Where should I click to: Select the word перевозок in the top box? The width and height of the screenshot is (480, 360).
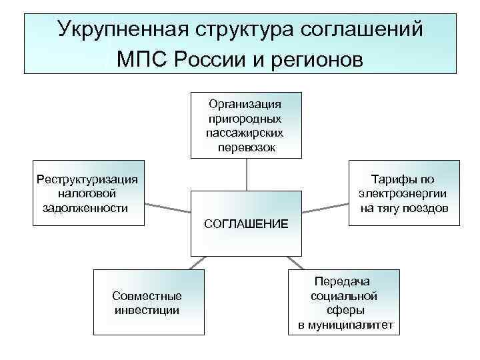click(x=246, y=147)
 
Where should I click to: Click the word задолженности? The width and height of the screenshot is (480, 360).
click(x=85, y=207)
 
